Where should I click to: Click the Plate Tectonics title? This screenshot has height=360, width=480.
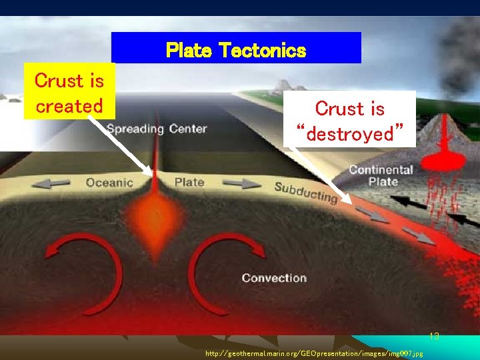236,50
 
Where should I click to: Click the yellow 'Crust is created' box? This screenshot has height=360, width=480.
69,92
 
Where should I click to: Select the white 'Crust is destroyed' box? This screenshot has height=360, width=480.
350,120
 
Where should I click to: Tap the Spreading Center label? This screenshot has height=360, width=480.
157,129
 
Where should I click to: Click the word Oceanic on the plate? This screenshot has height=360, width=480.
110,182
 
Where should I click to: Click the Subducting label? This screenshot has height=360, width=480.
306,192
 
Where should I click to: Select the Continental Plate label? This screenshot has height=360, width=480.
381,175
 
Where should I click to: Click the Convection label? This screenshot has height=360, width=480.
274,278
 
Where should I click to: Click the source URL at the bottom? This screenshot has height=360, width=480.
313,354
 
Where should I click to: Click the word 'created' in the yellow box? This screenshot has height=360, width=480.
69,105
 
